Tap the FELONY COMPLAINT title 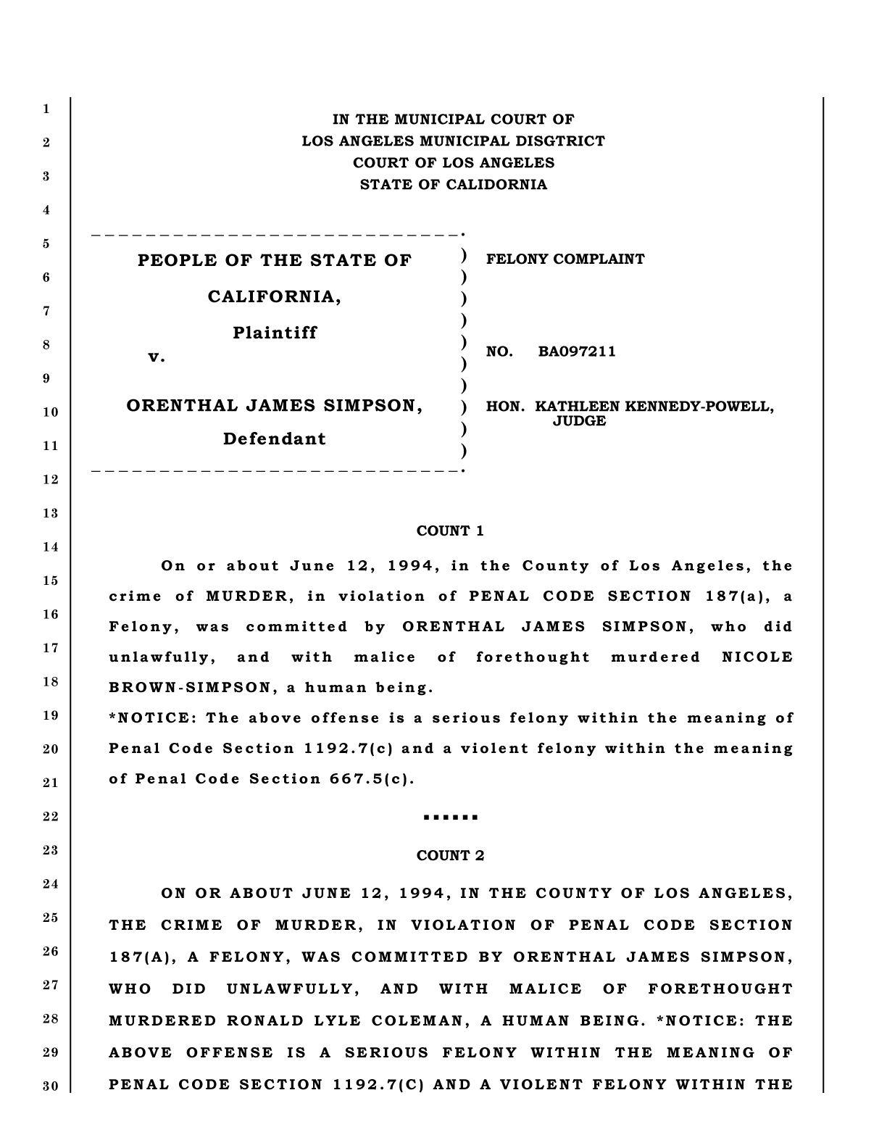click(x=565, y=259)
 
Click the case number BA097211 click(x=577, y=352)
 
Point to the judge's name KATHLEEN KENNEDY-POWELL click(x=654, y=406)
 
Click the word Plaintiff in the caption click(x=275, y=333)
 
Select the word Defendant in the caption click(x=275, y=438)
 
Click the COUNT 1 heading click(x=450, y=531)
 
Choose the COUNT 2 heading click(x=450, y=856)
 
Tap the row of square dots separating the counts click(x=450, y=818)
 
